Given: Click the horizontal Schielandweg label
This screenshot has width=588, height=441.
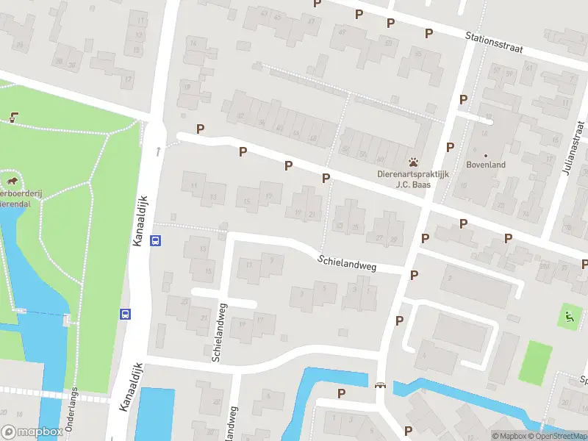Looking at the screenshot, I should click(x=347, y=263).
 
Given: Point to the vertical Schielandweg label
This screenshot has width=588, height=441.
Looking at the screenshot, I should click(x=218, y=332).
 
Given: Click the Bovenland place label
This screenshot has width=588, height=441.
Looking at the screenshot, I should click(x=486, y=165).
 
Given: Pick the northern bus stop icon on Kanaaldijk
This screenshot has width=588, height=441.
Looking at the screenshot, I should click(x=156, y=240).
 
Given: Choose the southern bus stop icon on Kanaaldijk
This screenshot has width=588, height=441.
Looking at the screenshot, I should click(x=125, y=314).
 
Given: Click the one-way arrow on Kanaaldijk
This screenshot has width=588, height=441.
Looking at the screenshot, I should click(x=158, y=151).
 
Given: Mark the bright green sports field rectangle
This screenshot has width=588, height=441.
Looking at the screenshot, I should click(x=535, y=362).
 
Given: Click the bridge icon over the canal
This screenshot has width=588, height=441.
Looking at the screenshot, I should click(x=380, y=385).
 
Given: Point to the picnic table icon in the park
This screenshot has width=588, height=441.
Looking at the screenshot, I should click(x=14, y=115).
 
